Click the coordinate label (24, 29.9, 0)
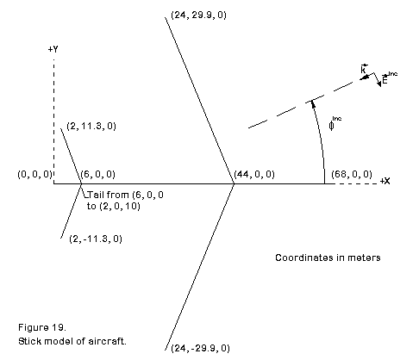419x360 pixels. click(x=198, y=15)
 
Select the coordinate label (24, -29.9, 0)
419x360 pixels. click(x=200, y=348)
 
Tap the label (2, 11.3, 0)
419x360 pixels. click(x=91, y=126)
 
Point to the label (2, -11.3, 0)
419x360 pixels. click(x=96, y=239)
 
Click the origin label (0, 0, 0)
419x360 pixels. click(x=35, y=174)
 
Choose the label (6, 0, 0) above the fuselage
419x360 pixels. click(x=98, y=174)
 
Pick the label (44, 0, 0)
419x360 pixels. click(x=254, y=174)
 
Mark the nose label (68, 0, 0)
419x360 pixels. click(x=352, y=174)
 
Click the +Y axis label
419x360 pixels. click(x=53, y=49)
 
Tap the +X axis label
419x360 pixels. click(x=385, y=181)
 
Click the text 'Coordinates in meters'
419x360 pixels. click(x=328, y=258)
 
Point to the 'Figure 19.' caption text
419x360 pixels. click(x=42, y=327)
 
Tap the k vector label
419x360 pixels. click(x=364, y=69)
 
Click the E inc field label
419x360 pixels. click(x=390, y=78)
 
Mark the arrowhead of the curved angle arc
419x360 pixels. click(x=313, y=103)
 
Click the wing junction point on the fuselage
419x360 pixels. click(x=234, y=183)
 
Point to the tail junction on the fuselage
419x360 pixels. click(x=81, y=183)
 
